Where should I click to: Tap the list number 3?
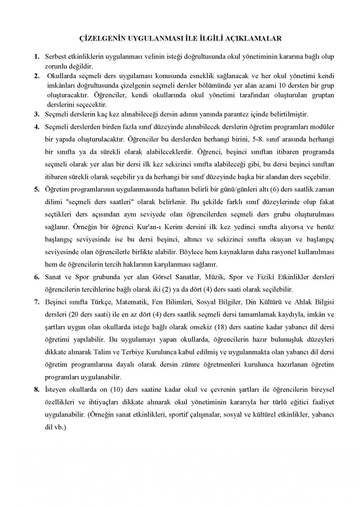37,114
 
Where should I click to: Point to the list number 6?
37,277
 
